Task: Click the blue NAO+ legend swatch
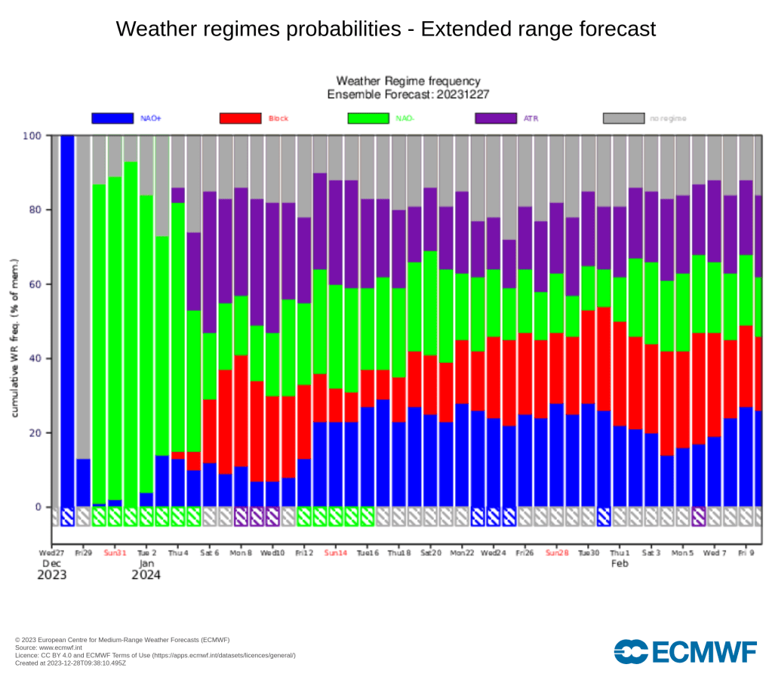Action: pyautogui.click(x=112, y=118)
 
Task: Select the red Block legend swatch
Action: pyautogui.click(x=240, y=118)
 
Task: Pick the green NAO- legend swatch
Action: pyautogui.click(x=368, y=118)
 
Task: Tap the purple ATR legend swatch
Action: pyautogui.click(x=496, y=118)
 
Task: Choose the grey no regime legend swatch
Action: pyautogui.click(x=624, y=118)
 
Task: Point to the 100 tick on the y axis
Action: pyautogui.click(x=32, y=136)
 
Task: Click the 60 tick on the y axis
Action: pyautogui.click(x=35, y=284)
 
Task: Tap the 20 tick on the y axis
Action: pyautogui.click(x=35, y=433)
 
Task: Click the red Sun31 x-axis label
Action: pyautogui.click(x=115, y=552)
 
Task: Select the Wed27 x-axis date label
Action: pyautogui.click(x=51, y=552)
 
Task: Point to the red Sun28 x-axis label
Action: pyautogui.click(x=557, y=552)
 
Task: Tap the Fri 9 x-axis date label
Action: pyautogui.click(x=746, y=552)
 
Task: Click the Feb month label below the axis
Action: pyautogui.click(x=620, y=564)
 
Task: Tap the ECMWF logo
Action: pyautogui.click(x=685, y=651)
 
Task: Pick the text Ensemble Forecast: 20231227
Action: pyautogui.click(x=408, y=94)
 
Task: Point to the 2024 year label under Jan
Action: pyautogui.click(x=147, y=575)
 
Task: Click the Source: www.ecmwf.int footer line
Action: pyautogui.click(x=50, y=647)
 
